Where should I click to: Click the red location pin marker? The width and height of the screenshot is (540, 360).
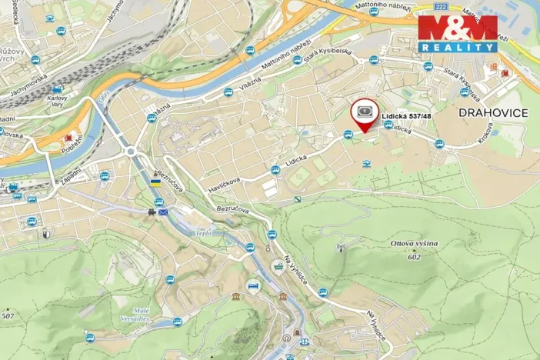(364, 114)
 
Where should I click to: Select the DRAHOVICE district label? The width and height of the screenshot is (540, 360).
(492, 113)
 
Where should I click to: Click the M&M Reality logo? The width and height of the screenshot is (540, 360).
(458, 32)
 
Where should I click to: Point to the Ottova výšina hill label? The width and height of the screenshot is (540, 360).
(414, 244)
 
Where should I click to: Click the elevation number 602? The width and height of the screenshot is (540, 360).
(414, 257)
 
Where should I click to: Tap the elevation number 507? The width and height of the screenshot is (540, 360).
(8, 315)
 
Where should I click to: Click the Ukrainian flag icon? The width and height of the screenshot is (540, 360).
(155, 183)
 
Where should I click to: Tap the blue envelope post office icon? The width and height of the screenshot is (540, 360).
(162, 212)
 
